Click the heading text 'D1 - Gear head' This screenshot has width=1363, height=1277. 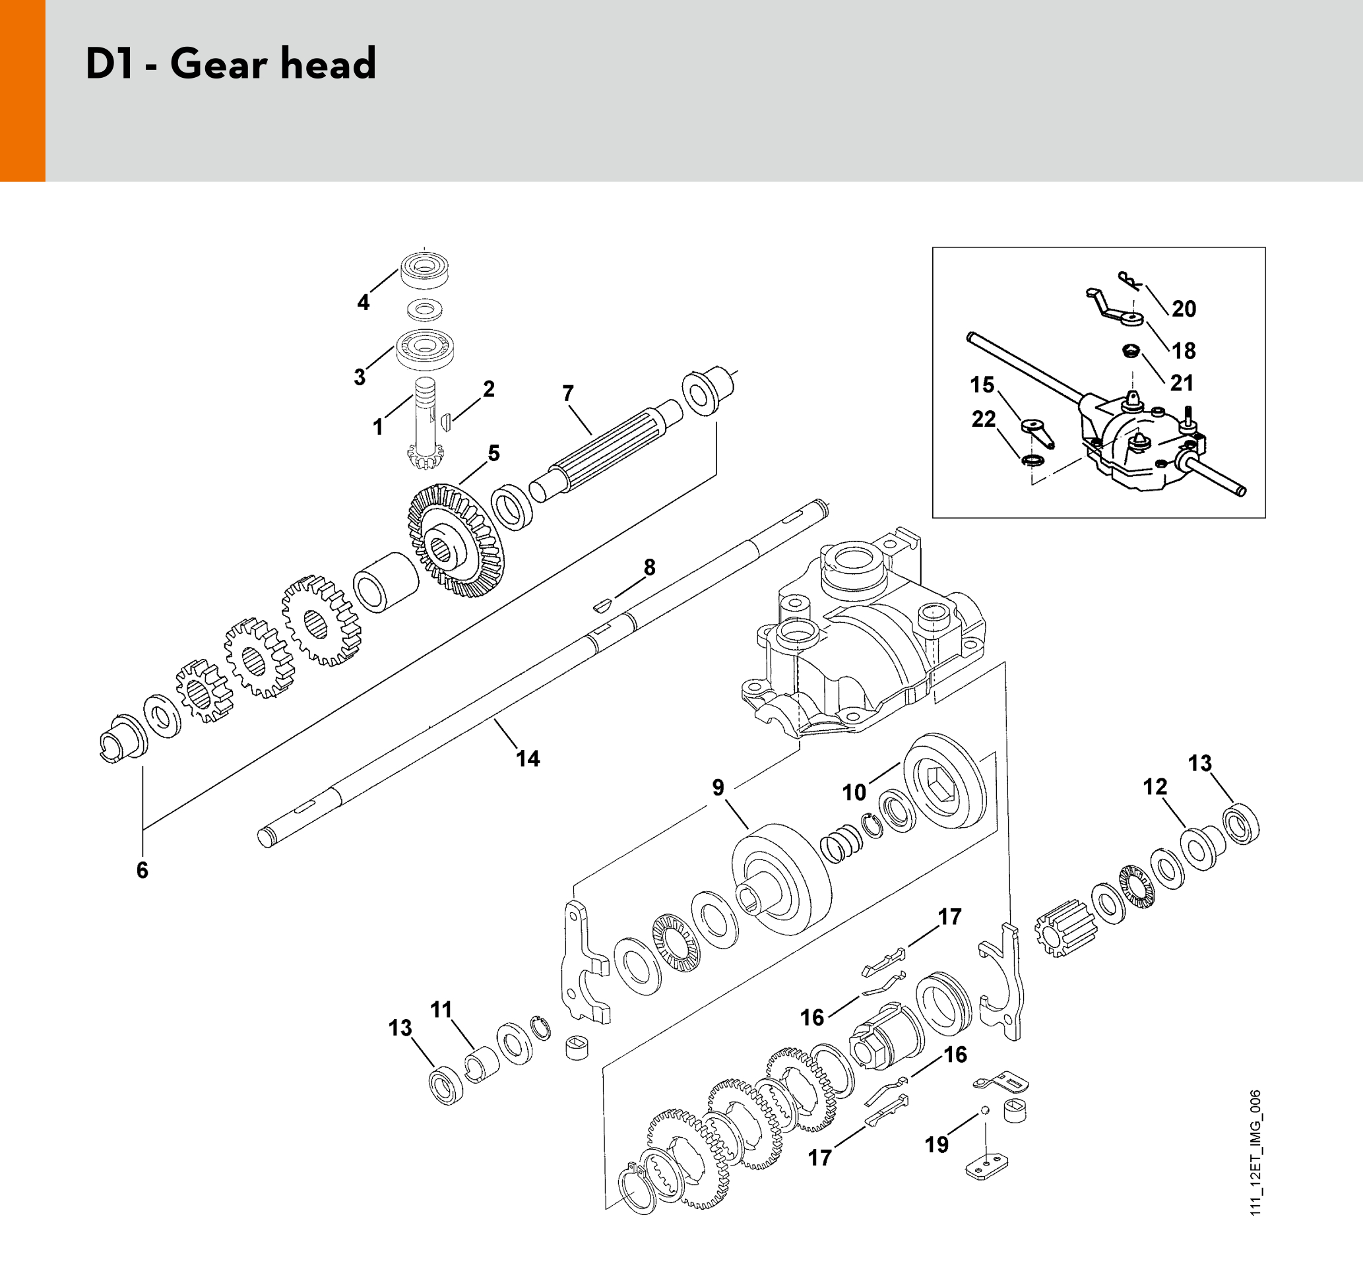coord(231,64)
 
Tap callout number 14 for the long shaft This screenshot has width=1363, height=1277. coord(528,759)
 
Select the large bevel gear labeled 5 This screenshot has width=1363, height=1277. coord(455,540)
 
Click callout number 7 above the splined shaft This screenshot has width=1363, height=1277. coord(567,393)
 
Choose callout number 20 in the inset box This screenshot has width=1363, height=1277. coord(1184,309)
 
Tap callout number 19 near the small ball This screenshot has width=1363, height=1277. coord(937,1144)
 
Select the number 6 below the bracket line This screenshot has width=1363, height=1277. coord(142,870)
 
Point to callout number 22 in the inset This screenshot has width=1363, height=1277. coord(984,419)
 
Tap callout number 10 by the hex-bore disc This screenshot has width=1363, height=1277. coord(854,792)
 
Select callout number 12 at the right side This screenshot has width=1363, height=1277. coord(1155,787)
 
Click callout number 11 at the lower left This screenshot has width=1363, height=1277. coord(441,1010)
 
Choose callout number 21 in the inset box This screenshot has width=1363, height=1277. coord(1182,383)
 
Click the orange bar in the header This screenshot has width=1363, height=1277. coord(22,90)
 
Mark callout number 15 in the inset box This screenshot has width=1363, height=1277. coord(982,385)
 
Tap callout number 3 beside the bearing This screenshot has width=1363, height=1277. coord(360,377)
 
